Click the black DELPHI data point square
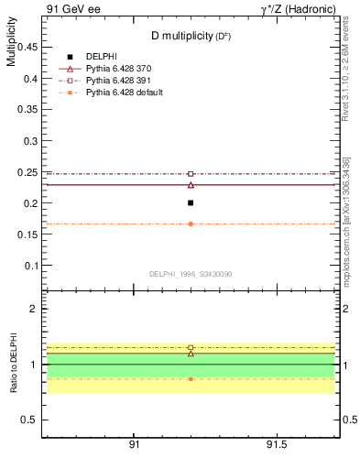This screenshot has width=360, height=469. pos(191,202)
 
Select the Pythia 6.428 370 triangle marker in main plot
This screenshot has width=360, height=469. pos(191,185)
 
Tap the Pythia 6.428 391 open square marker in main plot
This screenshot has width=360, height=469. pos(191,173)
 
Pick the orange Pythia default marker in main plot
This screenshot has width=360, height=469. pos(191,224)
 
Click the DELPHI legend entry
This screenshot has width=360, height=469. pos(102,57)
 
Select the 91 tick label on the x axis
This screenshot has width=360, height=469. pos(134,443)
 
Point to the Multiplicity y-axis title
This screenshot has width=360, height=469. pos(11,47)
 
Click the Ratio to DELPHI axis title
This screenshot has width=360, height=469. pos(11,363)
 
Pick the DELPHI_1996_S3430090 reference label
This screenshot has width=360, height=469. pos(191,274)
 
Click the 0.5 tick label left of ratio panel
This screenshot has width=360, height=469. pos(29,420)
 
